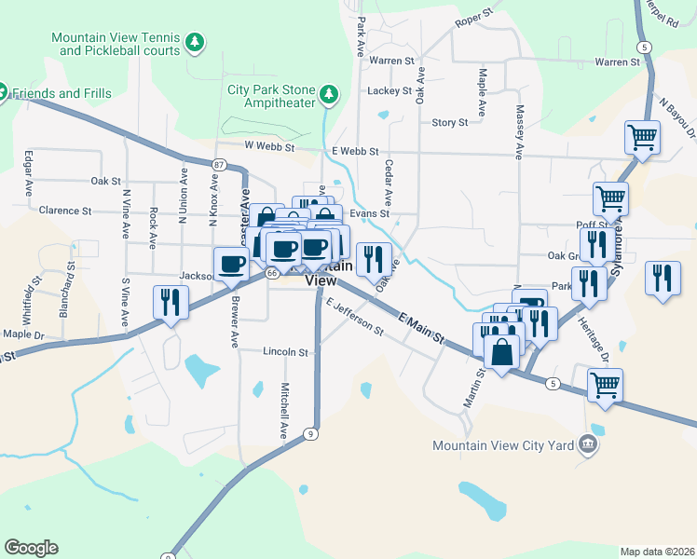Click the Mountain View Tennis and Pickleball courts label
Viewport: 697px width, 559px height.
116,44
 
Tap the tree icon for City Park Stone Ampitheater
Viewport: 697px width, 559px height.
328,94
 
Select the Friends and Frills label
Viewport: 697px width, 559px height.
61,93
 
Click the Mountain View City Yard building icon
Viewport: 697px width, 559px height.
588,445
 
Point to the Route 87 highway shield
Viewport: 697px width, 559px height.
218,165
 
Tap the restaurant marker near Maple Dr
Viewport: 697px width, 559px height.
170,302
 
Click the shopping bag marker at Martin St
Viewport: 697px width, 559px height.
501,352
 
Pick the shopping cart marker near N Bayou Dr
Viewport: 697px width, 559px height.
642,137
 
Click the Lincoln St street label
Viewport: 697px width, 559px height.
285,353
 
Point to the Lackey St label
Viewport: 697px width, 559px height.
389,91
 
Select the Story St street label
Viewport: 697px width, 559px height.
449,122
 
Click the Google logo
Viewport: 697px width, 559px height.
31,547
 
